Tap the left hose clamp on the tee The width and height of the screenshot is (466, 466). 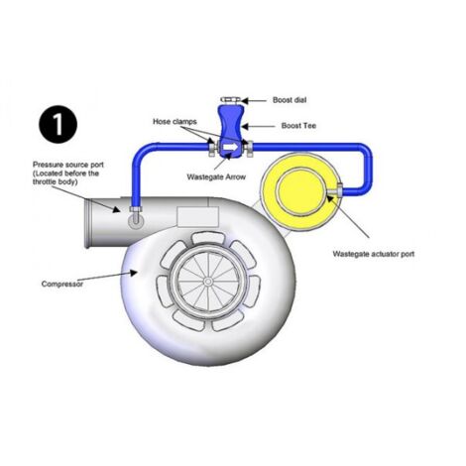[x=211, y=151]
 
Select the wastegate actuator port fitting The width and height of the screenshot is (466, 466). [x=339, y=188]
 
